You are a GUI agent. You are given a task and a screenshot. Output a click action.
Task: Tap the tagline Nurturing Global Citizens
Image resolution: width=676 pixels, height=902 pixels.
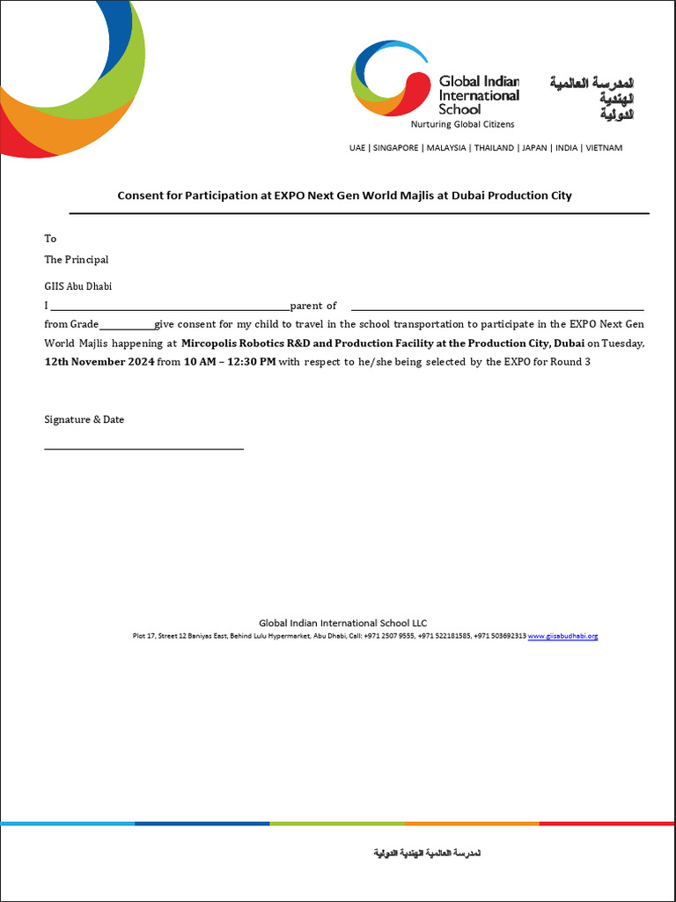pos(474,125)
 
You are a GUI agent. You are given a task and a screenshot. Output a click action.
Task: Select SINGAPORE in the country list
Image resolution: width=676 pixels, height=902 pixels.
pos(395,148)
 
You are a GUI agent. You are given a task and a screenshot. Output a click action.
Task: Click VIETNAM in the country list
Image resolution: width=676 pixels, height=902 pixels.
pos(603,148)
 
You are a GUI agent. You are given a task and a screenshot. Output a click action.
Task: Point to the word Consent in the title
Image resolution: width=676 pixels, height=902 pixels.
pos(140,196)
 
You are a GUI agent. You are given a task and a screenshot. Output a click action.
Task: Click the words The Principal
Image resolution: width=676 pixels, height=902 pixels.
pos(77,260)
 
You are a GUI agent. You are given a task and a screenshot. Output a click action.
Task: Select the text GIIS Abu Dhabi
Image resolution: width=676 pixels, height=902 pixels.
pos(78,286)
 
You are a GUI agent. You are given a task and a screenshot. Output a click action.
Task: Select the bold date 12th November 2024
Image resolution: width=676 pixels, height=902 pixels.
pos(99,362)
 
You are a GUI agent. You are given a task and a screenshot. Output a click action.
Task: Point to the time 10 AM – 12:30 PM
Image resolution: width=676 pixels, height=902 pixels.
pos(229,362)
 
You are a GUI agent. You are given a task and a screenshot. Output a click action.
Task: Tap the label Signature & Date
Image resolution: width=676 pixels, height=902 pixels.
pos(84,420)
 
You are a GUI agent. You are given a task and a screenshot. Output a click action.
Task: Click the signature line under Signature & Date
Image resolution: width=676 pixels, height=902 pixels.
pos(143,448)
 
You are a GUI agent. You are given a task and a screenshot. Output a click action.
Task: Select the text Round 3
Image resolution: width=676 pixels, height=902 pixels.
pos(571,362)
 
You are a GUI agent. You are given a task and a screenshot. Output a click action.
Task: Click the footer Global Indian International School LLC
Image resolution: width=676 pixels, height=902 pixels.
pos(342,623)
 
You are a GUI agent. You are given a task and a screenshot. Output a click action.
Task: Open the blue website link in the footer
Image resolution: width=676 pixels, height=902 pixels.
pos(562,636)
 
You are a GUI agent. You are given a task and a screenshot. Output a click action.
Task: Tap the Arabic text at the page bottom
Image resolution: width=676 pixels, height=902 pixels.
pos(427,854)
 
